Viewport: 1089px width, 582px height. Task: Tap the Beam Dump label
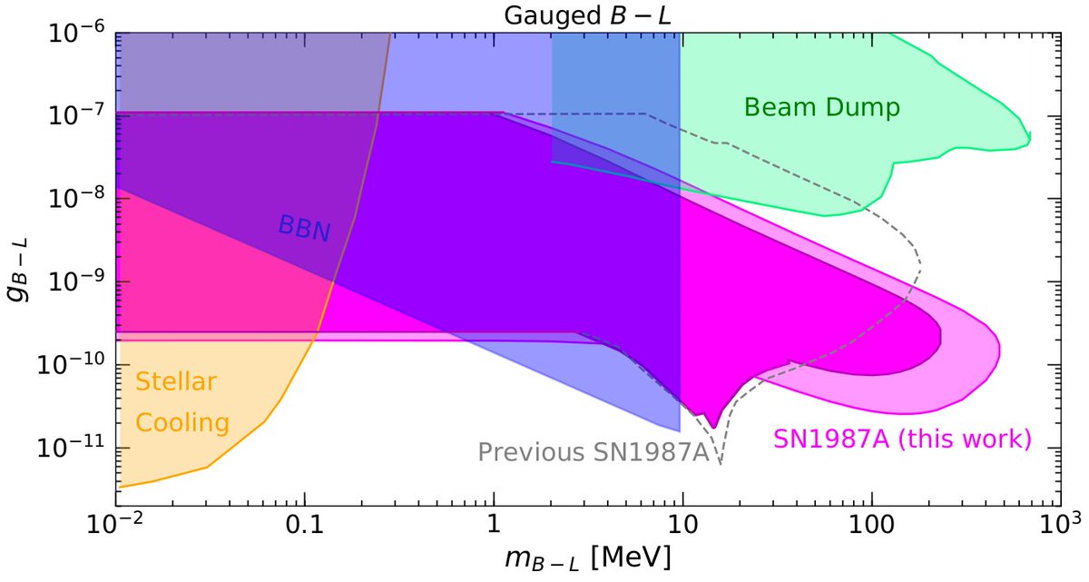pyautogui.click(x=821, y=108)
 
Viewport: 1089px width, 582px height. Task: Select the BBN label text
pyautogui.click(x=304, y=229)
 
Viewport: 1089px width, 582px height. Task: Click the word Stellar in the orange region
pyautogui.click(x=176, y=382)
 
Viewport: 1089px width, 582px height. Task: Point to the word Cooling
pyautogui.click(x=181, y=422)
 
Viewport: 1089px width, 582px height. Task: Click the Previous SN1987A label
pyautogui.click(x=592, y=451)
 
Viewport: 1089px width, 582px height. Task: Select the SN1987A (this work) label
pyautogui.click(x=902, y=439)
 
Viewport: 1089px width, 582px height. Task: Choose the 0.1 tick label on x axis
pyautogui.click(x=305, y=525)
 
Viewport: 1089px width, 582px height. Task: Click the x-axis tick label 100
pyautogui.click(x=871, y=525)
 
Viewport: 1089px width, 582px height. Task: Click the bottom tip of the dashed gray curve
pyautogui.click(x=721, y=464)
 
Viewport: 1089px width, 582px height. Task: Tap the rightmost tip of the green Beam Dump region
pyautogui.click(x=1030, y=137)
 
